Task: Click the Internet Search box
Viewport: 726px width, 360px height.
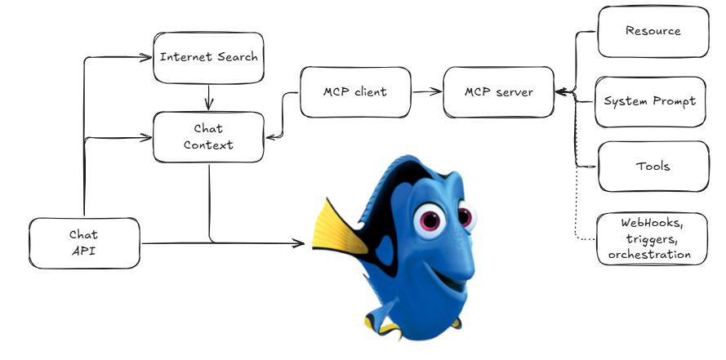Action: pos(208,58)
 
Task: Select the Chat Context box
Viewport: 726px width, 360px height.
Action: pos(208,137)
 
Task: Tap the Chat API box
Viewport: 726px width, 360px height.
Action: pos(84,243)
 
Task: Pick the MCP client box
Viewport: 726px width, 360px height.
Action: pos(355,92)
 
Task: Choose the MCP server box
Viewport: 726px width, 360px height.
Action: pos(499,92)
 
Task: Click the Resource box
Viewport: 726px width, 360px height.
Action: pos(653,32)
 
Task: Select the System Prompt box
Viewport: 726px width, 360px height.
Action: pos(651,102)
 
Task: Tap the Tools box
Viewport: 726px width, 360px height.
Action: pos(653,167)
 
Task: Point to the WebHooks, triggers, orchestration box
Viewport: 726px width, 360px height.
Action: pos(653,238)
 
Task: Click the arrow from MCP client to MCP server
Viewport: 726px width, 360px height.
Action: pos(426,92)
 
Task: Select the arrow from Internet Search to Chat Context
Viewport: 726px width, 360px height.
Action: pos(209,98)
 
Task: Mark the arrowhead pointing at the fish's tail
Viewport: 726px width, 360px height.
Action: pos(298,243)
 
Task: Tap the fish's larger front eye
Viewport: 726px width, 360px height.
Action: pos(430,220)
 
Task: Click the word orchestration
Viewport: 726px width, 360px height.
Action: pos(649,255)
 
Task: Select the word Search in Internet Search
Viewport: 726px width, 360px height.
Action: pos(238,57)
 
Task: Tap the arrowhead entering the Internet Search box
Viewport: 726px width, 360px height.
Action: pos(145,57)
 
